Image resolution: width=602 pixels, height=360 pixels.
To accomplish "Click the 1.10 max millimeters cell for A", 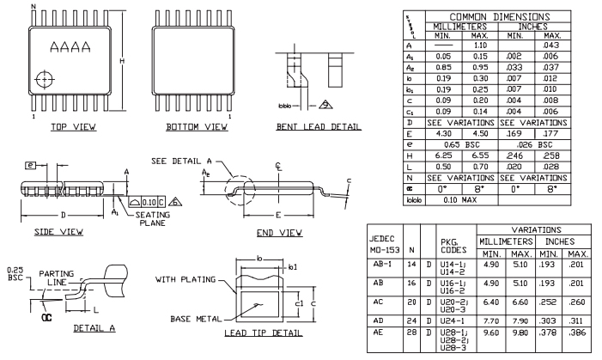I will click(481, 44).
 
